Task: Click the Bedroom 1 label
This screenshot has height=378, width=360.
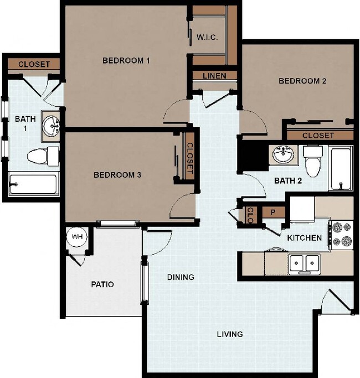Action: (x=126, y=60)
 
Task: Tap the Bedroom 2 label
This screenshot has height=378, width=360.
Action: (x=302, y=81)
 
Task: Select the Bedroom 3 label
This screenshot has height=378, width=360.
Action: (x=117, y=175)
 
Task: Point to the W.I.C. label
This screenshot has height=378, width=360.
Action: (x=207, y=38)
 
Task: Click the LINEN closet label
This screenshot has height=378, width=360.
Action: (x=214, y=75)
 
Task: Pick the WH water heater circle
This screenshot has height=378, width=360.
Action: (x=76, y=237)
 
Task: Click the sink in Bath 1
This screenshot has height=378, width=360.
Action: (x=53, y=126)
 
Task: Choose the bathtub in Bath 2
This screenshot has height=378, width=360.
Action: (x=340, y=168)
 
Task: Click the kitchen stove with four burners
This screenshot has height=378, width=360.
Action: (x=341, y=234)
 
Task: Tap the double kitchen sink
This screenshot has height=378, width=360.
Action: (x=304, y=262)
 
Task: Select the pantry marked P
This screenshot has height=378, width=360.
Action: (x=272, y=212)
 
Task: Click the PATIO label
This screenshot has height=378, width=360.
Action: (x=102, y=284)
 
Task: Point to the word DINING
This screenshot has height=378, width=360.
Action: (x=181, y=277)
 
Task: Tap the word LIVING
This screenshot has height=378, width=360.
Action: (x=229, y=334)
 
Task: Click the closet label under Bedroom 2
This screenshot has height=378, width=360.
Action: (x=318, y=136)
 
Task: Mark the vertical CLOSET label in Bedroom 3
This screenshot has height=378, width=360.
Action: (x=189, y=159)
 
